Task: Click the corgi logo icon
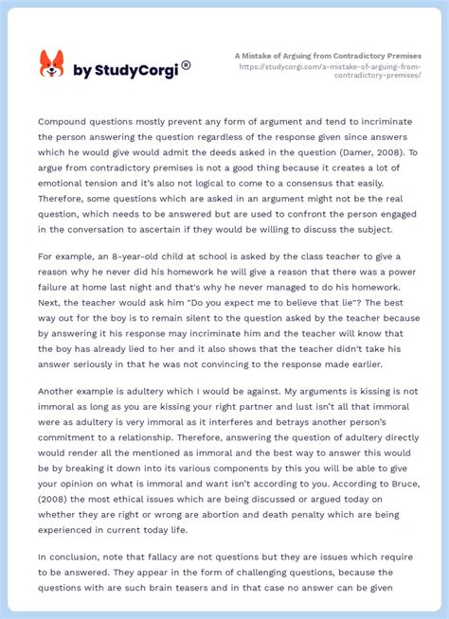tap(51, 64)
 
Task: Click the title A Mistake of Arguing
tap(328, 56)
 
